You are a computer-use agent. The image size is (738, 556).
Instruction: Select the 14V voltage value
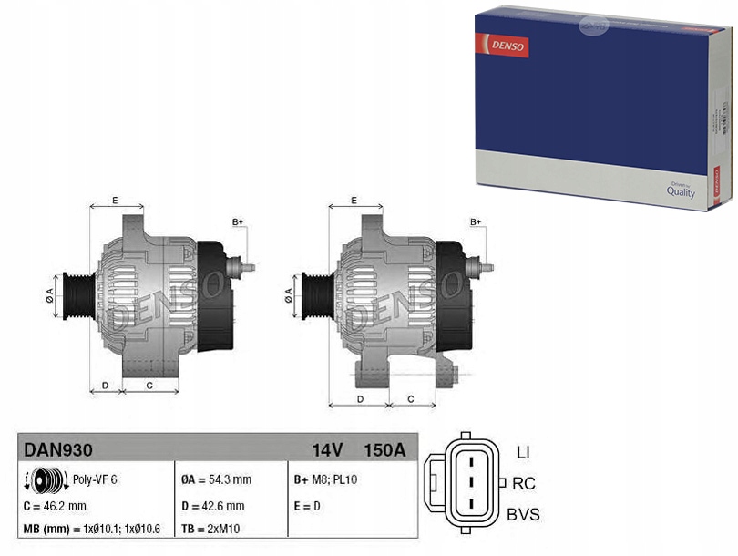point(326,448)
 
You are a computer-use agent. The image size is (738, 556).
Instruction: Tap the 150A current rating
point(384,448)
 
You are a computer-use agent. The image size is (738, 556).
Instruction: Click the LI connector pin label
point(523,452)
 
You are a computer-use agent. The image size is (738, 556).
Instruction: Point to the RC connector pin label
point(523,483)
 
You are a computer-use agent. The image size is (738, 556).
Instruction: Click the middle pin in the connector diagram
point(470,482)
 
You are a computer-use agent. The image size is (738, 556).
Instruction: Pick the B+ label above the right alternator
point(476,222)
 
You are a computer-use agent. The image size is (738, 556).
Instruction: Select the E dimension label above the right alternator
point(354,200)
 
